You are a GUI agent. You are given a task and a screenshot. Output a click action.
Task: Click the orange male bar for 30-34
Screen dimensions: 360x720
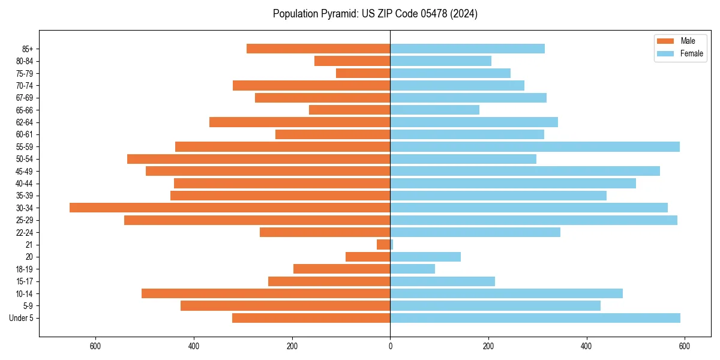click(x=230, y=208)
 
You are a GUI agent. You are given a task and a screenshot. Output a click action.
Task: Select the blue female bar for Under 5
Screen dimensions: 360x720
click(x=535, y=318)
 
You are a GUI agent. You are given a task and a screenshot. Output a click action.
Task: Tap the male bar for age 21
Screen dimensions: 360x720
click(x=383, y=244)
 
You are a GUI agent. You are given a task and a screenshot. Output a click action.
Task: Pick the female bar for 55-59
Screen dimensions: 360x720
click(x=535, y=146)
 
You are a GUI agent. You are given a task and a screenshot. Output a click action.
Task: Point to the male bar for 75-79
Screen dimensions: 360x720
click(x=363, y=73)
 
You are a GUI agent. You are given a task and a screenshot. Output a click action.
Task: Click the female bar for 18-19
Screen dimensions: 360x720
click(x=413, y=269)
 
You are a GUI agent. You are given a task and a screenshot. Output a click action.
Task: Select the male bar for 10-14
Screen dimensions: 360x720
click(x=266, y=293)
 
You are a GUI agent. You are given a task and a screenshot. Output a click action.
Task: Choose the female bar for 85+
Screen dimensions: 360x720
click(x=467, y=49)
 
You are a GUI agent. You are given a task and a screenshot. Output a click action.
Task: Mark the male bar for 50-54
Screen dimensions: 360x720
click(x=259, y=159)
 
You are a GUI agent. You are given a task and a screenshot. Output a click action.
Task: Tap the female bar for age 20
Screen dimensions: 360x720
click(x=425, y=257)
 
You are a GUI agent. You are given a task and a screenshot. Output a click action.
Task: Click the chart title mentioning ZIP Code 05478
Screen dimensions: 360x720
click(x=375, y=14)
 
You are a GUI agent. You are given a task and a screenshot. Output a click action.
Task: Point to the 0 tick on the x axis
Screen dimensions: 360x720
click(x=390, y=346)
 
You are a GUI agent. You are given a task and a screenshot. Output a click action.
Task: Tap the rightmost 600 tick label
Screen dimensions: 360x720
click(x=685, y=346)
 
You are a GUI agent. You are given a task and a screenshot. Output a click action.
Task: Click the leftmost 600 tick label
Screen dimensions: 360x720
click(x=95, y=346)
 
